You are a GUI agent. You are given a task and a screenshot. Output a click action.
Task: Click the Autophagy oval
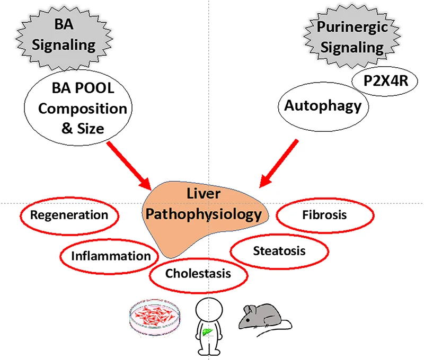[x=323, y=105]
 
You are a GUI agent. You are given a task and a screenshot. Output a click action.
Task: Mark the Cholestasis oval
[x=198, y=274]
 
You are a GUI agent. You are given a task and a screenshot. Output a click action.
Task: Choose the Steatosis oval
[x=279, y=250]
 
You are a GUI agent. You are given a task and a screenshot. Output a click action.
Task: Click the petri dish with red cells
[x=154, y=319]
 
